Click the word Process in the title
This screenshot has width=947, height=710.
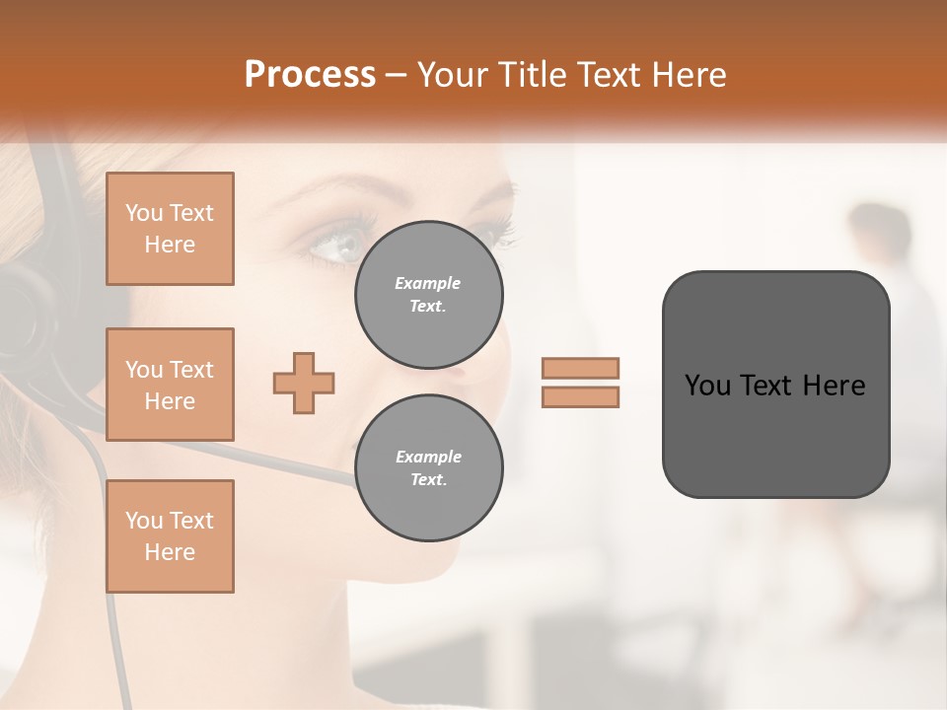click(x=310, y=75)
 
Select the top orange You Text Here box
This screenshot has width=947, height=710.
click(x=170, y=229)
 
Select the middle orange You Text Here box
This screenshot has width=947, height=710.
click(x=170, y=385)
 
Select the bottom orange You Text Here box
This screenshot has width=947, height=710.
click(x=170, y=535)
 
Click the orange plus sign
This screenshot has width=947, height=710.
click(x=304, y=383)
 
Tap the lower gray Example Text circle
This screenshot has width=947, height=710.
click(x=428, y=468)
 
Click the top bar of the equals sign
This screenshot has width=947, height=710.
click(x=580, y=368)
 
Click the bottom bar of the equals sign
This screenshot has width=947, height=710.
click(x=580, y=396)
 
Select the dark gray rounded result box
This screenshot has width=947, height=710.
click(x=775, y=384)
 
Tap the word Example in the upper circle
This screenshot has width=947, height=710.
click(x=428, y=283)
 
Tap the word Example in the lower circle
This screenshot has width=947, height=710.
click(x=428, y=457)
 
